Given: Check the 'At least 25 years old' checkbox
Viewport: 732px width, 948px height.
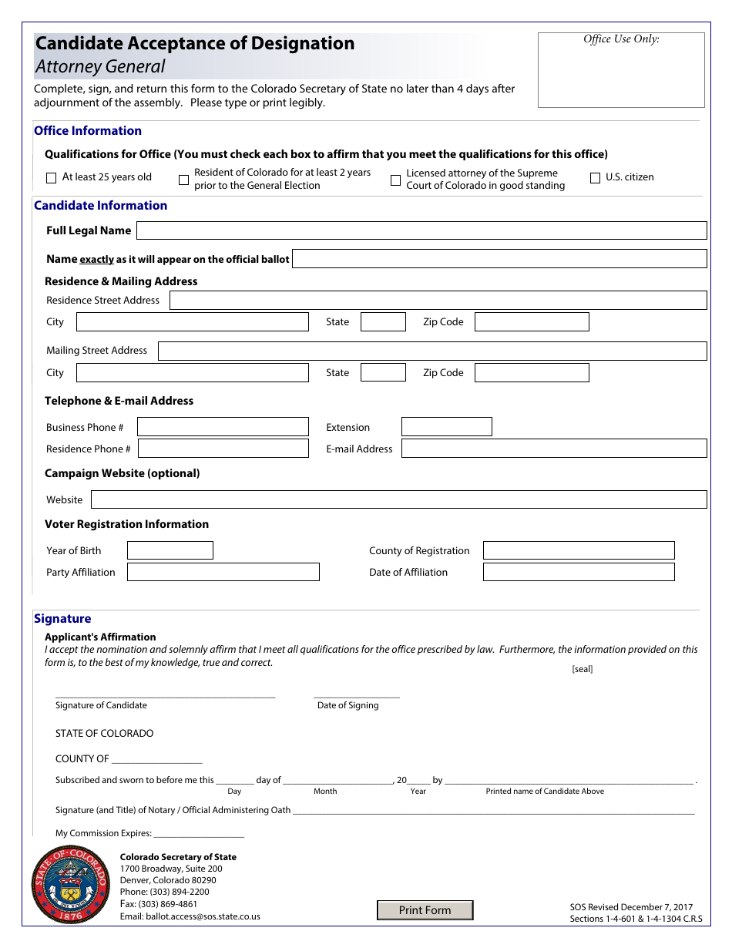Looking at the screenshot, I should coord(52,178).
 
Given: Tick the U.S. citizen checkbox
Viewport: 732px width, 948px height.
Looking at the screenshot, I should coord(595,178).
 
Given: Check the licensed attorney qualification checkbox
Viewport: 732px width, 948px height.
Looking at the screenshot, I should coord(395,180).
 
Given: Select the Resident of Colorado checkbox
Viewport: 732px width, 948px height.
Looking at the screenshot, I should coord(183,180).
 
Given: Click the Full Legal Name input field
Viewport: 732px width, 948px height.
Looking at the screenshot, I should coord(421,230).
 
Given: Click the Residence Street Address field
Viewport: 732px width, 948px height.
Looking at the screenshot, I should coord(438,301).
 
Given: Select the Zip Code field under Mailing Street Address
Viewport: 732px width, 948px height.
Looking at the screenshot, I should coord(532,373).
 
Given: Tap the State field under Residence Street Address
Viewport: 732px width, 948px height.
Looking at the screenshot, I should coord(383,322).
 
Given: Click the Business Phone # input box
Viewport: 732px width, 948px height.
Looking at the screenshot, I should coord(223,427).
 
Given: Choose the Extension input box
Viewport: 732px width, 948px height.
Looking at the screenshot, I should coord(446,427).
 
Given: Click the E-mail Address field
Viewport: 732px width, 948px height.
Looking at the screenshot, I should coord(554,449).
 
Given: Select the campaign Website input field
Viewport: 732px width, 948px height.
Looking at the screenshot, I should coord(398,499).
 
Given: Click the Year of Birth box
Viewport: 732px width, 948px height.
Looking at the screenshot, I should coord(170,550).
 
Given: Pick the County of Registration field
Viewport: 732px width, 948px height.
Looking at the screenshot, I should coord(579,550).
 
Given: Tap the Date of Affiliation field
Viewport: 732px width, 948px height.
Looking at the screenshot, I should coord(579,572).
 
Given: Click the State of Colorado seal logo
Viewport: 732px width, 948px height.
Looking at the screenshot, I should coord(70,885).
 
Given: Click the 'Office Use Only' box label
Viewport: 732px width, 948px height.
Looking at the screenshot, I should coord(621,39).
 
